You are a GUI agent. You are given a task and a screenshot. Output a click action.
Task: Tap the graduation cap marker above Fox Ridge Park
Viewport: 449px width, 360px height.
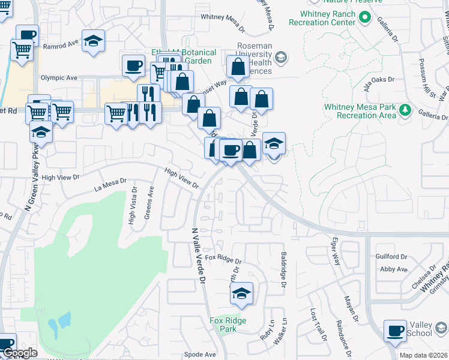point(241,293)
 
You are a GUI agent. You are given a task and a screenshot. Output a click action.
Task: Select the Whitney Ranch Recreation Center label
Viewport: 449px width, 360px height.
point(322,18)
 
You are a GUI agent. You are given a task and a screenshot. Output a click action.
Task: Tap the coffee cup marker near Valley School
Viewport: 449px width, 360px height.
point(396,331)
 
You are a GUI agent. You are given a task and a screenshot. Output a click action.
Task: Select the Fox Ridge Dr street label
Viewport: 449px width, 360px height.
point(223,259)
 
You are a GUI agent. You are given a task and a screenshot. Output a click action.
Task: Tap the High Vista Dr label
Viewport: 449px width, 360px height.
point(131,209)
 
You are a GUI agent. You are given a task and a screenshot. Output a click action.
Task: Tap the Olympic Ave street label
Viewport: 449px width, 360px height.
point(59,78)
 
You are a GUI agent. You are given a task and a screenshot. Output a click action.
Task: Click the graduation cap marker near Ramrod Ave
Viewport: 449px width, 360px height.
point(93,41)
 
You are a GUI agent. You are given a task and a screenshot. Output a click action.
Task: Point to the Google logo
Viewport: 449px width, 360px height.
point(19,353)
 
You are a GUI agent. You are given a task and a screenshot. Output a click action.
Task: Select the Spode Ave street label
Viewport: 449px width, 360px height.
point(200,354)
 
